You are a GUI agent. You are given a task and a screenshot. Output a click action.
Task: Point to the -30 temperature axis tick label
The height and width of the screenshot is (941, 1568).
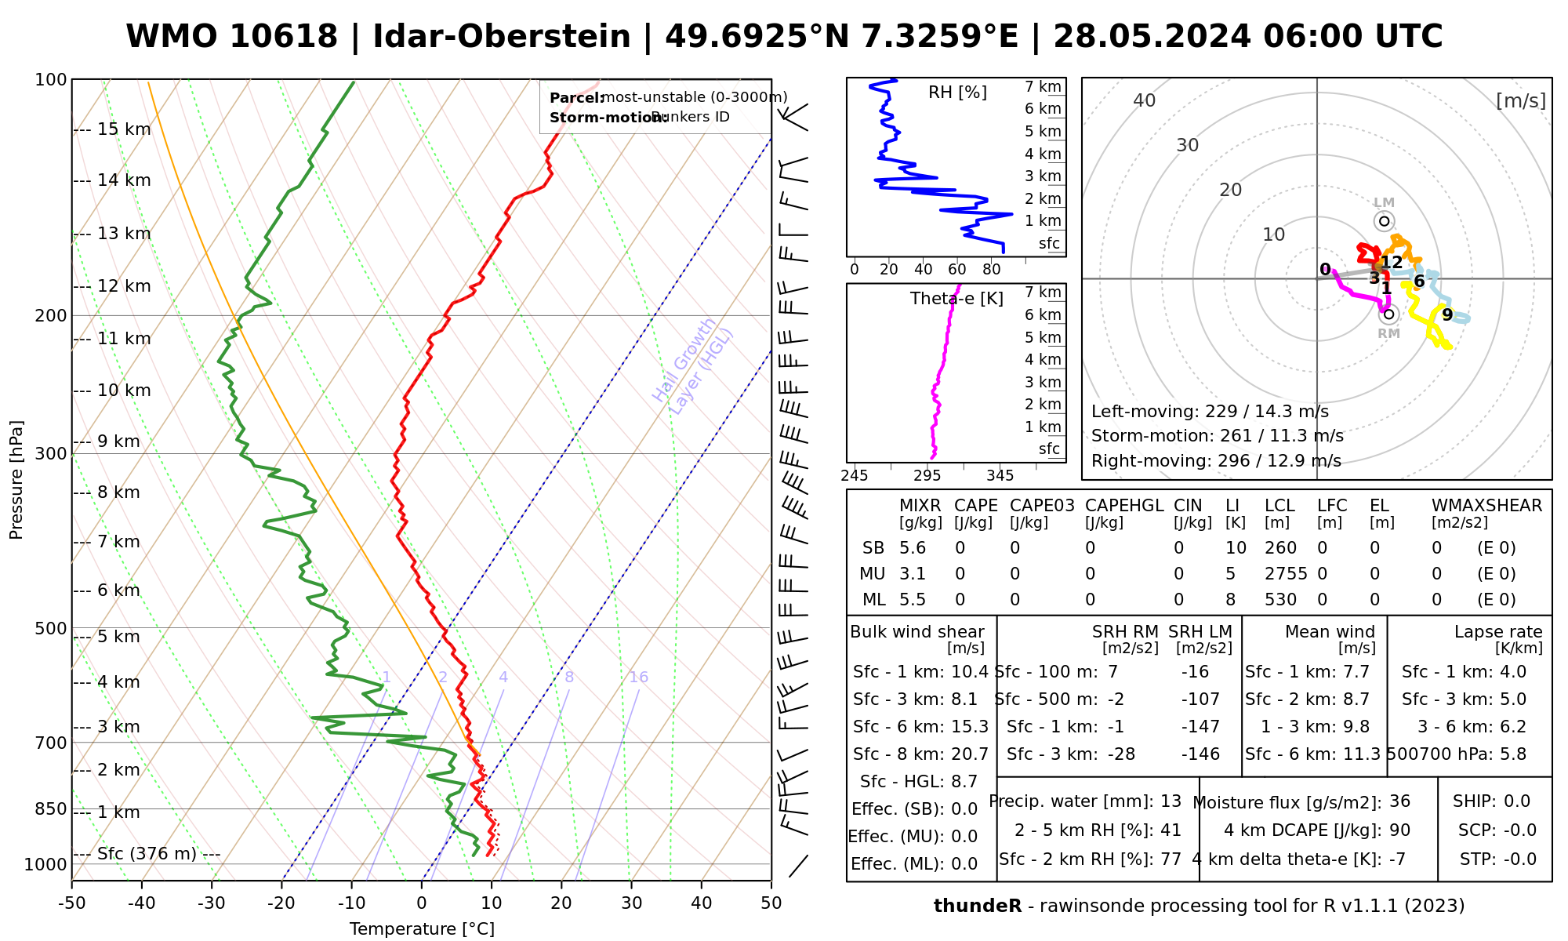(211, 903)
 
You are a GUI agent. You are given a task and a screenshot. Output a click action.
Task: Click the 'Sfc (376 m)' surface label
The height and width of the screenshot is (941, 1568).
(147, 854)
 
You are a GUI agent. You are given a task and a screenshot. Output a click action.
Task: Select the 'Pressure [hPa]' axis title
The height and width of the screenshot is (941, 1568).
(16, 480)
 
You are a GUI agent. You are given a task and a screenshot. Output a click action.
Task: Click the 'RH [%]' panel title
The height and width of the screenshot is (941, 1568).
(957, 93)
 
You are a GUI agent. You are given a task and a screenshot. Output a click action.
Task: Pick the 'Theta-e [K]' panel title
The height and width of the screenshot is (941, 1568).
(956, 299)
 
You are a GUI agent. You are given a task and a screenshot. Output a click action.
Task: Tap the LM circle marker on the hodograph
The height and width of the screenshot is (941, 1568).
(1384, 221)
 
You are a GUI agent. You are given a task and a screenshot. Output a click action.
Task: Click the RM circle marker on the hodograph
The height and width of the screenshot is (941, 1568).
(1388, 314)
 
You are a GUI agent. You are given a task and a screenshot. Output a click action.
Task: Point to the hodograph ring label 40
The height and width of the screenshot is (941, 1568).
(1145, 100)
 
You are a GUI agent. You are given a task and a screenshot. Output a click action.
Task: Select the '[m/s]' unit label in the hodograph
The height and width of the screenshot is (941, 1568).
(1521, 100)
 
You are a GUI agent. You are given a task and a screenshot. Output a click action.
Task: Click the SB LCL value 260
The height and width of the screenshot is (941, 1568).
(1280, 548)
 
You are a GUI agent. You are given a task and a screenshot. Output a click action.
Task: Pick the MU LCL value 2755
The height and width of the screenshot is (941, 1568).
(1286, 574)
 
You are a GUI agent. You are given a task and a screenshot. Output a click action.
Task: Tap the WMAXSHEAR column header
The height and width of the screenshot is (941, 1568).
(1486, 506)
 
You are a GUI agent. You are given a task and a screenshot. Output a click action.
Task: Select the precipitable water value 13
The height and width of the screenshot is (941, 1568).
(1171, 801)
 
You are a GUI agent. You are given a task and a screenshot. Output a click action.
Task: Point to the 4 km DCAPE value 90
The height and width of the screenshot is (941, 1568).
(1399, 830)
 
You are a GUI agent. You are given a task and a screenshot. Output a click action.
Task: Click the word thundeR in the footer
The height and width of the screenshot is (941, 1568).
(977, 906)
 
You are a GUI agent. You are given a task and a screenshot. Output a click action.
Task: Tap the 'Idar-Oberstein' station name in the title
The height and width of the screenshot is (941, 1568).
(502, 37)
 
